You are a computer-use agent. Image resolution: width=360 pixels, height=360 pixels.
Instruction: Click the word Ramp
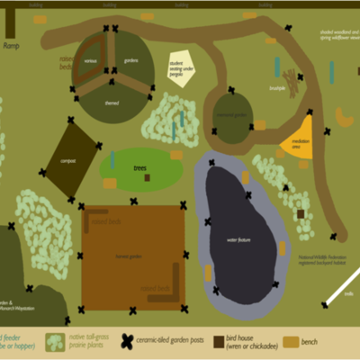[x=11, y=45]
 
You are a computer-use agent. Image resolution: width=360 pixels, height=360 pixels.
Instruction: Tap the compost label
[x=69, y=160]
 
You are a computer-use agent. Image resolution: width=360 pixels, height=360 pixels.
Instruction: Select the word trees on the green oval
[x=139, y=168]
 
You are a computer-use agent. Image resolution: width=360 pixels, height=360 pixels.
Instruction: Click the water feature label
[x=237, y=240]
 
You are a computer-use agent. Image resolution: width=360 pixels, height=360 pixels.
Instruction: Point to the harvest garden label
[x=130, y=256]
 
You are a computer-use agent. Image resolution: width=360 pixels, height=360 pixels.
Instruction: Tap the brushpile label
[x=278, y=88]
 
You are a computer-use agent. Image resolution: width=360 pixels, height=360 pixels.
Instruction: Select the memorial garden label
[x=232, y=115]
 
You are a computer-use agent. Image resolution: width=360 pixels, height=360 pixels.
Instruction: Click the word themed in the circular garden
[x=112, y=103]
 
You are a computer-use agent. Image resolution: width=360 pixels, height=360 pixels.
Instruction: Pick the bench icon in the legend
[x=291, y=342]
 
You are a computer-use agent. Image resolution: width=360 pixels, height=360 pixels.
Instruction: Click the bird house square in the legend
[x=220, y=342]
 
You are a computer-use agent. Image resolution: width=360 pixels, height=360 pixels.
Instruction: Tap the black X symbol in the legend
[x=129, y=342]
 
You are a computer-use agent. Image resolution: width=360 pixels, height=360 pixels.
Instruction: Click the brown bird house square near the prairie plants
[x=301, y=214]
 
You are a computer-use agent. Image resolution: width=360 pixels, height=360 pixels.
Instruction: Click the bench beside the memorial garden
[x=259, y=125]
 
